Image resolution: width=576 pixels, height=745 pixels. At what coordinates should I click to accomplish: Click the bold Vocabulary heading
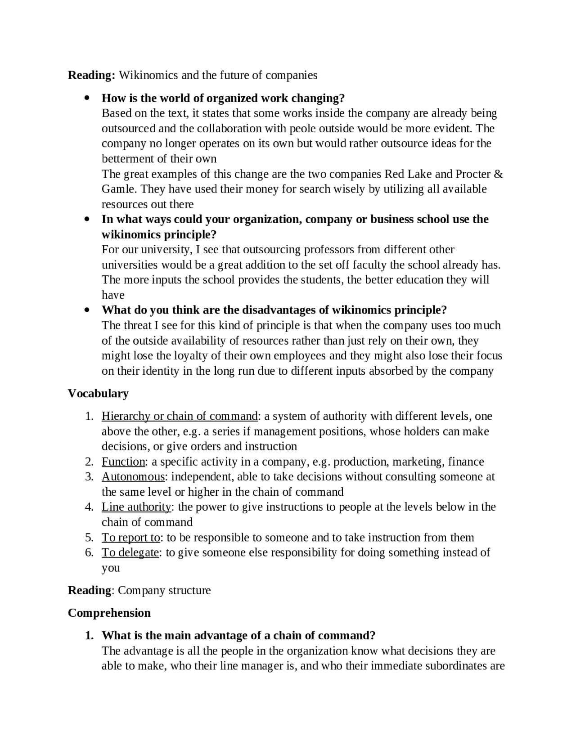pyautogui.click(x=98, y=394)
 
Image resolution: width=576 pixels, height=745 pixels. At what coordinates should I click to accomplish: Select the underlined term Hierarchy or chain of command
pyautogui.click(x=180, y=416)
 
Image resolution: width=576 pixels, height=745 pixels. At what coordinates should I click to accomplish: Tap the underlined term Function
pyautogui.click(x=123, y=462)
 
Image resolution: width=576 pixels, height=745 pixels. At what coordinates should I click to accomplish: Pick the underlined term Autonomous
pyautogui.click(x=133, y=477)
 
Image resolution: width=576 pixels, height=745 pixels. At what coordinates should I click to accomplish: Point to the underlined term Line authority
pyautogui.click(x=136, y=507)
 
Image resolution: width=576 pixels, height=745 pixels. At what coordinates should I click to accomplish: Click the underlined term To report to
pyautogui.click(x=130, y=538)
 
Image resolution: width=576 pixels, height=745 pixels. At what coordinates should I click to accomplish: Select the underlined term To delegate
pyautogui.click(x=130, y=552)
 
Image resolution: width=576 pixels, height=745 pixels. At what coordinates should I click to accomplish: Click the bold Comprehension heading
pyautogui.click(x=109, y=613)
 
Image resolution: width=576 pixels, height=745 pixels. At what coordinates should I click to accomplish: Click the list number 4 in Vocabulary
pyautogui.click(x=89, y=507)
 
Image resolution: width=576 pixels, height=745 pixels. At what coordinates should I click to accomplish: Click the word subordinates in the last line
pyautogui.click(x=458, y=666)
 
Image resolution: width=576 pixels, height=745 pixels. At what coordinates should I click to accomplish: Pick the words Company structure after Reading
pyautogui.click(x=164, y=591)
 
